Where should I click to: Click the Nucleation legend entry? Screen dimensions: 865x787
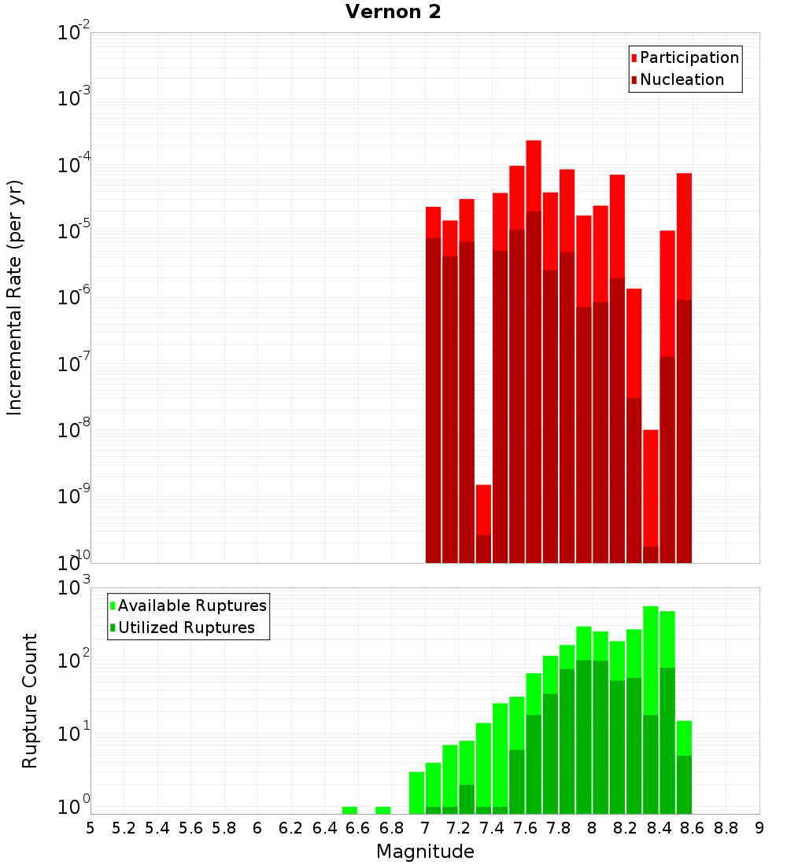click(681, 79)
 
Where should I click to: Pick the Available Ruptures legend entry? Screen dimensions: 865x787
click(191, 605)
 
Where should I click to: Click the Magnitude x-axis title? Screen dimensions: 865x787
click(425, 852)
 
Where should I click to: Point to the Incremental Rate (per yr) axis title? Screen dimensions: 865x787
click(14, 298)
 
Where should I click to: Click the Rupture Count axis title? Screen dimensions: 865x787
click(30, 701)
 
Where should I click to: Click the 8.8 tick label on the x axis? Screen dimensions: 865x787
click(726, 828)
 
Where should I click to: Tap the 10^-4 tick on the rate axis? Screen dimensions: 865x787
click(74, 166)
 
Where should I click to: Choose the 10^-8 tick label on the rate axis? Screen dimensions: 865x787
click(74, 431)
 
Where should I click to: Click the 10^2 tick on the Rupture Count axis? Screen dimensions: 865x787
click(76, 659)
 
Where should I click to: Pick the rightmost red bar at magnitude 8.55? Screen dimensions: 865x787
click(684, 236)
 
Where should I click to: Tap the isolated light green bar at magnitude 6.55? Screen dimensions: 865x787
click(349, 810)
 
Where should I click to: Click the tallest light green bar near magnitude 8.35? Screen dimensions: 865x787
click(651, 661)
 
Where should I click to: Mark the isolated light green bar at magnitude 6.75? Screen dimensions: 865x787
click(383, 810)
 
